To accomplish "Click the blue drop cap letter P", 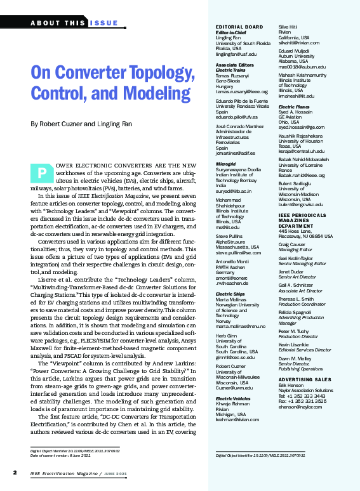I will (x=41, y=173).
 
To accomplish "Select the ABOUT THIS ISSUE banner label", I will (x=74, y=23).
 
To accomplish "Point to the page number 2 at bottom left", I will (x=15, y=473).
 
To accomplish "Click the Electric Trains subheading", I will (x=230, y=71).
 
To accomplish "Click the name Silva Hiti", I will (x=290, y=27).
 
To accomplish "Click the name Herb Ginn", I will (x=227, y=336).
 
